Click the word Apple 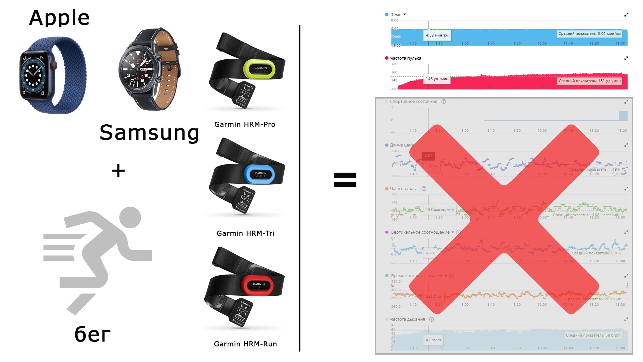click(x=59, y=18)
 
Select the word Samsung click(x=149, y=133)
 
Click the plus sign click(x=118, y=171)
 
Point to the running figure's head click(x=130, y=217)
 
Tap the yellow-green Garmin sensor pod click(x=260, y=68)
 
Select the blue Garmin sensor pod click(x=260, y=174)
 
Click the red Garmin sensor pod click(x=258, y=285)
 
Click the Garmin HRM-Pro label click(x=245, y=124)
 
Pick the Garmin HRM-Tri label click(x=245, y=233)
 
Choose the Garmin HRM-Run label click(x=245, y=344)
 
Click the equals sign click(x=345, y=180)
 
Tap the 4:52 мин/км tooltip click(x=437, y=35)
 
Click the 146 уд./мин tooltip click(x=437, y=79)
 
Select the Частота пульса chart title click(x=405, y=58)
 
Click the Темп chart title click(x=396, y=15)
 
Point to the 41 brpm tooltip click(x=433, y=340)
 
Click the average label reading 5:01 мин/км click(x=589, y=34)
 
